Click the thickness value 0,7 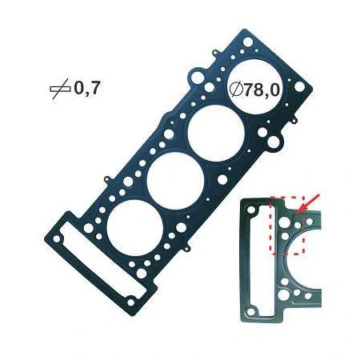tap(87, 88)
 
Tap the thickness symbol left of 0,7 tap(60, 89)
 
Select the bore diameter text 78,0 tap(262, 90)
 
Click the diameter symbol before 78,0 tap(235, 90)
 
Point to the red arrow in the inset tap(308, 204)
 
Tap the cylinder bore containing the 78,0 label tap(257, 86)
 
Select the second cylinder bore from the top tap(216, 134)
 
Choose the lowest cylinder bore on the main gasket tap(134, 228)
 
